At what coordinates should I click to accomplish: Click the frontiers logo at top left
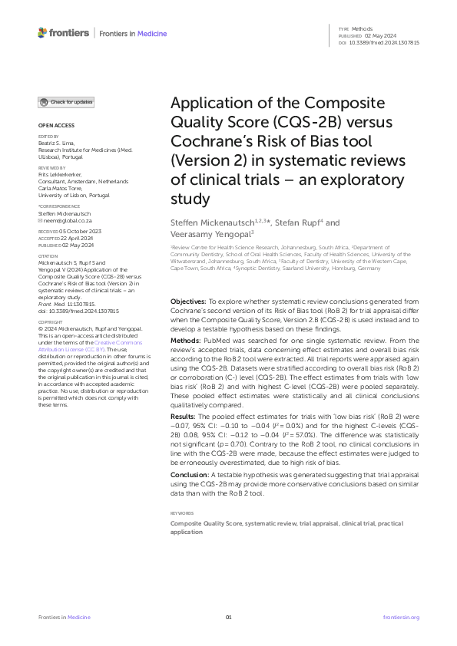coord(62,33)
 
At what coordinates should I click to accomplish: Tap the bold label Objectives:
coord(188,302)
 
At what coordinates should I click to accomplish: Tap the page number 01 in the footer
coord(228,618)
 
